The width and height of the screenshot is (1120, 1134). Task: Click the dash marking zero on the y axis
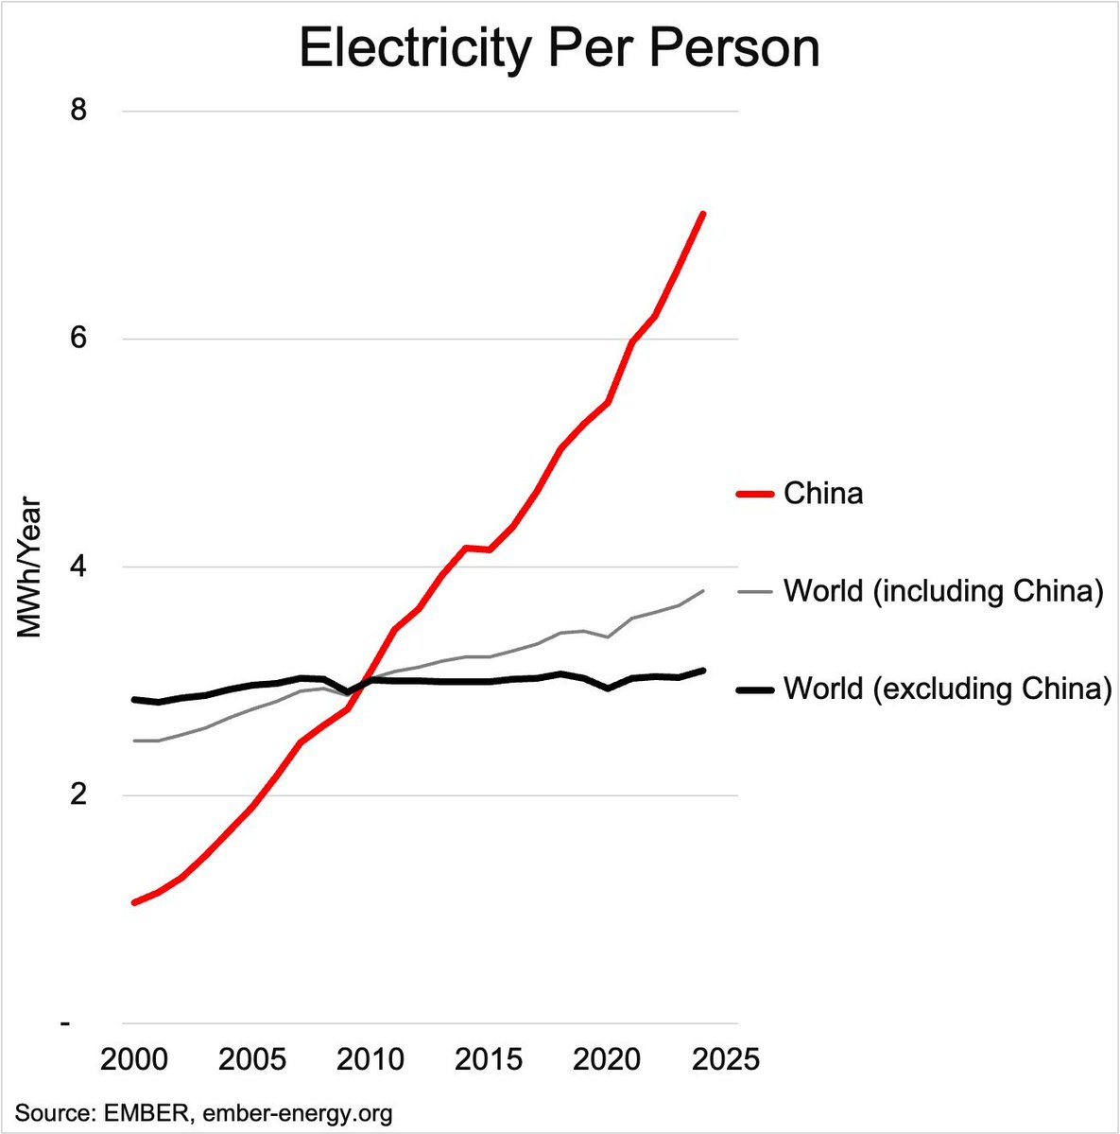tap(65, 1023)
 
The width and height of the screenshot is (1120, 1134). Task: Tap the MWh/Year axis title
tap(30, 567)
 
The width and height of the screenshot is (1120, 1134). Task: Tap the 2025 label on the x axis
tap(723, 1057)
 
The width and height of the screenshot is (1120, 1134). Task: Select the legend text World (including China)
tap(943, 592)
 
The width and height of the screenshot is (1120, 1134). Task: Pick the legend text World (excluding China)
tap(947, 689)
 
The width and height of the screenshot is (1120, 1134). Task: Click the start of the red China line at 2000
tap(134, 903)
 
